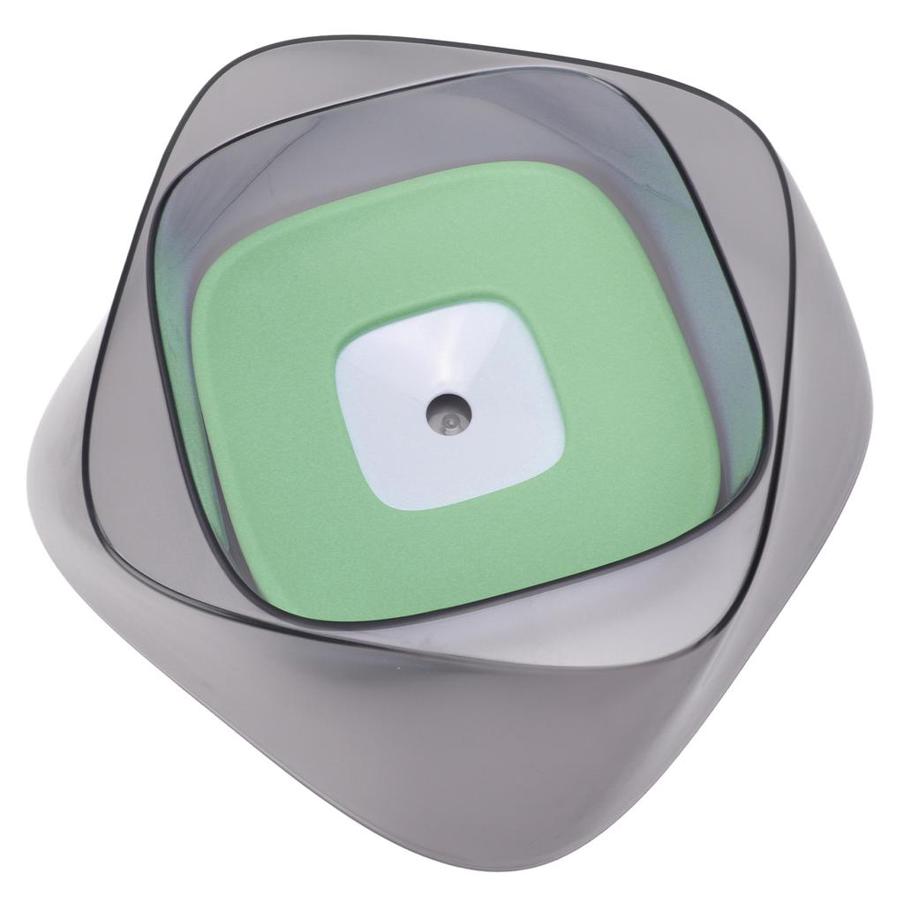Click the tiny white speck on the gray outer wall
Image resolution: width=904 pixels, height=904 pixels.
[399, 668]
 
